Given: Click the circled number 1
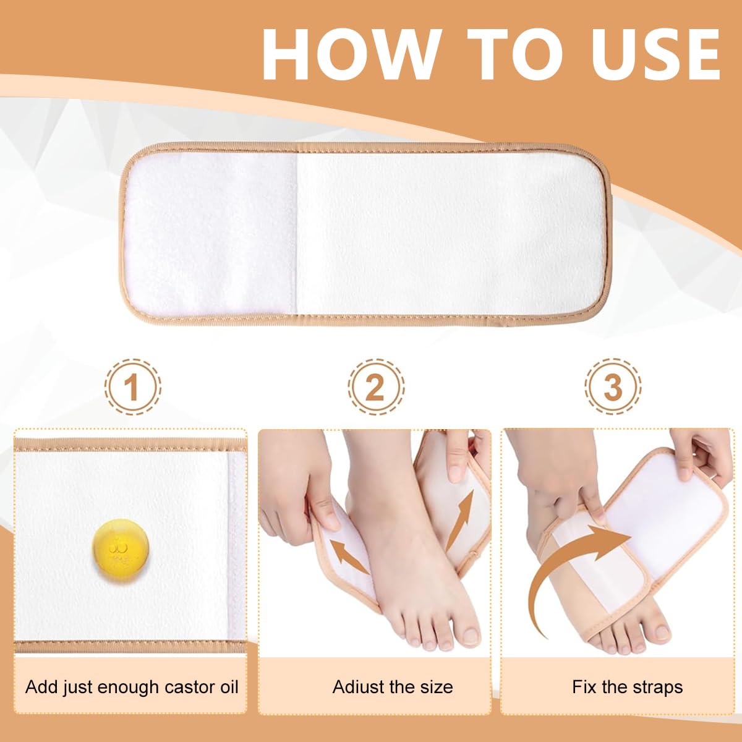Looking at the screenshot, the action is [132, 386].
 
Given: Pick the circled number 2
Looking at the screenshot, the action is [375, 386].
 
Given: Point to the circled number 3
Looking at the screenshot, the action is [613, 386].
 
